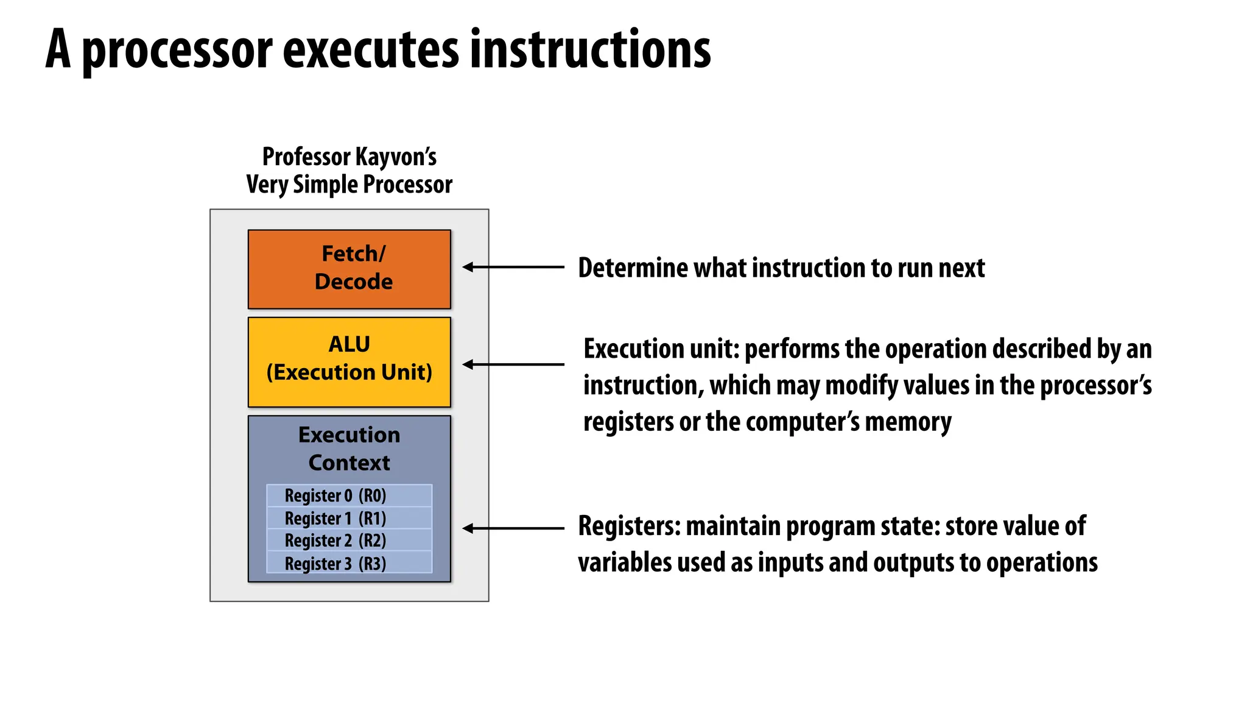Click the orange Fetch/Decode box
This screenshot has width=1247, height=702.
[349, 269]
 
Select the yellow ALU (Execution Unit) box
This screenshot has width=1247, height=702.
[349, 361]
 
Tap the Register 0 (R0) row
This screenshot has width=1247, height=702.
[349, 495]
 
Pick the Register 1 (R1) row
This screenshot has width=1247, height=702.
[349, 518]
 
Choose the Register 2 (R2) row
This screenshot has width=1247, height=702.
[349, 541]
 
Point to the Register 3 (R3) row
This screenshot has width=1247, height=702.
[349, 563]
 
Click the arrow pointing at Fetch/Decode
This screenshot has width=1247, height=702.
[513, 267]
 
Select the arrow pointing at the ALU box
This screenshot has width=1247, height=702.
[513, 364]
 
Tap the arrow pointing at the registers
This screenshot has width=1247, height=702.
[513, 528]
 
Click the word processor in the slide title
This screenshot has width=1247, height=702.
[177, 50]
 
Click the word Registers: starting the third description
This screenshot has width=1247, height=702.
[629, 526]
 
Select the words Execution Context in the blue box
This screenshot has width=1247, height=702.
[349, 448]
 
